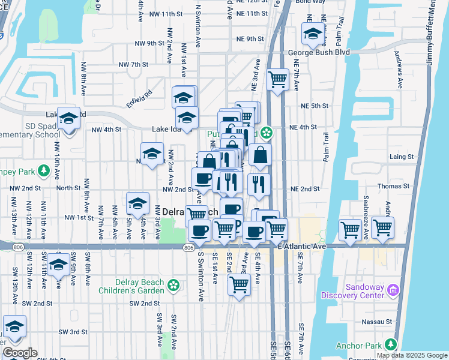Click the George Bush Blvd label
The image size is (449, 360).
coord(318,52)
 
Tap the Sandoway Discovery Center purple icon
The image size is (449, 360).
coord(394,290)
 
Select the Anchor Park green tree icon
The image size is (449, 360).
coord(391,344)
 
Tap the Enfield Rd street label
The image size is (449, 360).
coord(139,93)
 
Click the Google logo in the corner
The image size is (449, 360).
coord(20,353)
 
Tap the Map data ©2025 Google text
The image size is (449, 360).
coord(412,355)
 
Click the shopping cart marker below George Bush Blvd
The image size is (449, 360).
coord(277,79)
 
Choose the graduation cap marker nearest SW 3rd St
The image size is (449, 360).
coord(14,327)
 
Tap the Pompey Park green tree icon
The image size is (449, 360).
coord(43,171)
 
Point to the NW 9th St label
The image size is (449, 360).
coord(149,43)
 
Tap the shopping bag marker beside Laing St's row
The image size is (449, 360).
coord(260,155)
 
